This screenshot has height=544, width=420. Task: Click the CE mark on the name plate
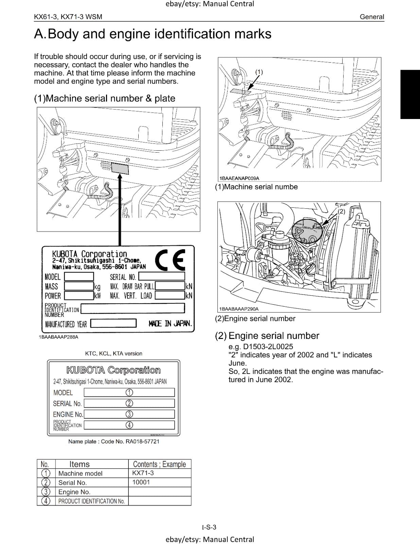click(170, 260)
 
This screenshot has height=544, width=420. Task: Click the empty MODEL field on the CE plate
click(79, 276)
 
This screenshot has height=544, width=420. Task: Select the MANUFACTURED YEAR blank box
click(113, 323)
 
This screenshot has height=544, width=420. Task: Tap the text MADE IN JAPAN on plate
click(170, 323)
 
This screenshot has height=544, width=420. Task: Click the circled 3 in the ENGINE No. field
click(129, 414)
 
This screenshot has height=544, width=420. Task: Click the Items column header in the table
click(80, 464)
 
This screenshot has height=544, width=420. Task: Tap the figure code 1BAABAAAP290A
click(239, 309)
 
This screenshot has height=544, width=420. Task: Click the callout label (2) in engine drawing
click(342, 211)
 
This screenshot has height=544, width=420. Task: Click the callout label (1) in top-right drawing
click(259, 72)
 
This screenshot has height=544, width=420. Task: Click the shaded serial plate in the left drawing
click(120, 169)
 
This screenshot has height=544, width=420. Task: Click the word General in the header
click(372, 17)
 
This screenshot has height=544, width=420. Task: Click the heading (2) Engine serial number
click(267, 336)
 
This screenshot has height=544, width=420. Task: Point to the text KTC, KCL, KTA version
click(113, 354)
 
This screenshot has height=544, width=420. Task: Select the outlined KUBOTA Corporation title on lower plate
click(113, 370)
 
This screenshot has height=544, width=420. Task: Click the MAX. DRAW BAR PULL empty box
click(170, 286)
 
